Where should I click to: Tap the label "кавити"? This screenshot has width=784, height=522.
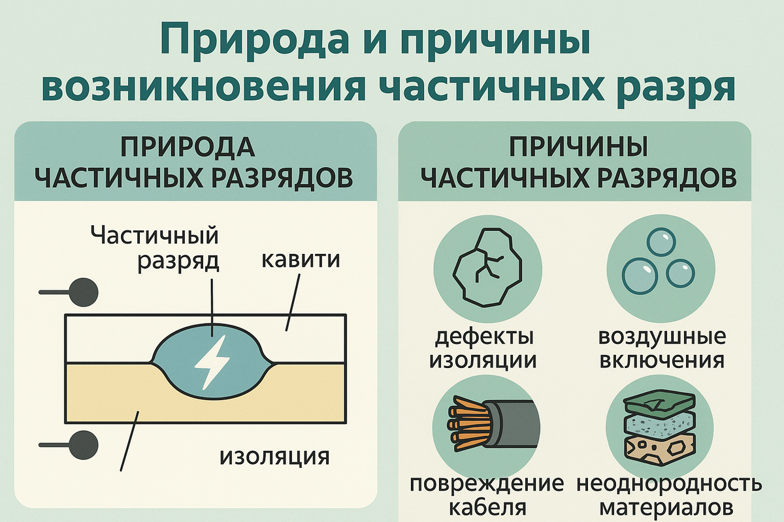[x=301, y=259]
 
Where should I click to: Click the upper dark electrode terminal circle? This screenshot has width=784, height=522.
[x=84, y=291]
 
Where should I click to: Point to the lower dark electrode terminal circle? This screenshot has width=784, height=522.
[x=84, y=444]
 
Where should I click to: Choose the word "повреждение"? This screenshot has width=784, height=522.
[x=487, y=484]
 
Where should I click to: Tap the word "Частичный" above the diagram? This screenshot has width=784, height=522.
[x=155, y=235]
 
